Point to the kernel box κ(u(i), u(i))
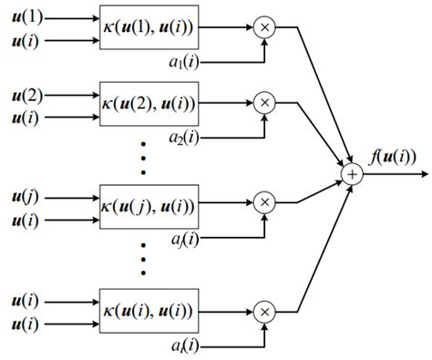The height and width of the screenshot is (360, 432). pyautogui.click(x=149, y=311)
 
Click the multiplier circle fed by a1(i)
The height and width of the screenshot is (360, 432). pyautogui.click(x=265, y=28)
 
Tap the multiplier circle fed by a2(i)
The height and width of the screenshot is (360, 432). pyautogui.click(x=265, y=103)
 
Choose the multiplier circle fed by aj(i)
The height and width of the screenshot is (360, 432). pyautogui.click(x=265, y=201)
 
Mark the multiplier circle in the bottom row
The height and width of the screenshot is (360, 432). pyautogui.click(x=265, y=312)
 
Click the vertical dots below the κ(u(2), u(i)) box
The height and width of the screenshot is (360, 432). pyautogui.click(x=144, y=156)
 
